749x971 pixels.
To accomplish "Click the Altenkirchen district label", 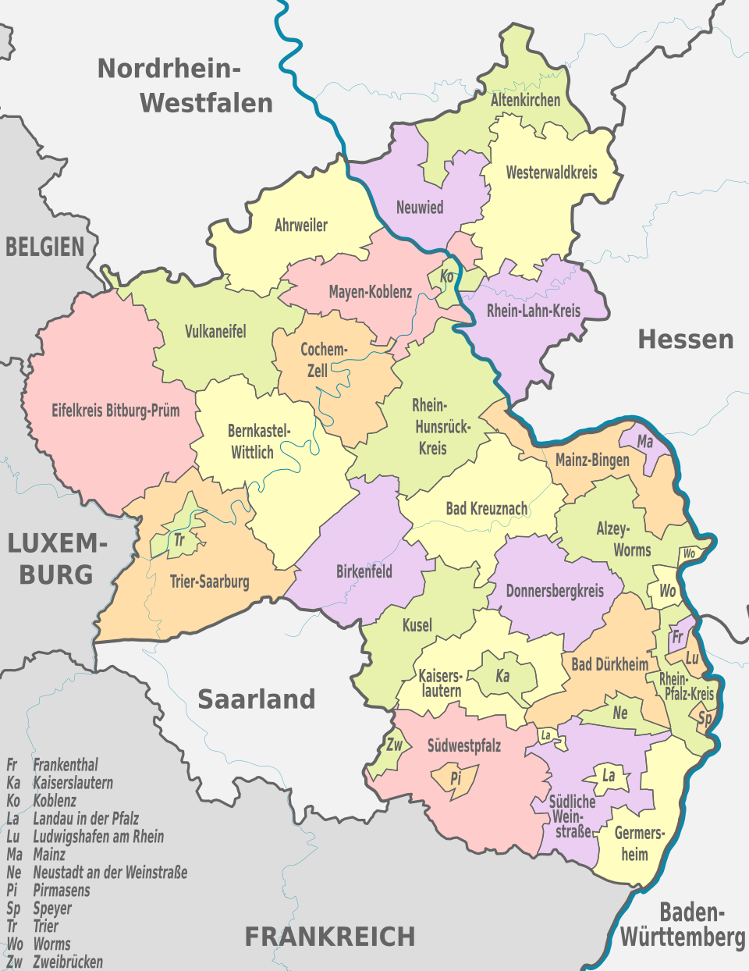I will pyautogui.click(x=525, y=100).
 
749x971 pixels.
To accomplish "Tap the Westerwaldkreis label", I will pyautogui.click(x=551, y=173).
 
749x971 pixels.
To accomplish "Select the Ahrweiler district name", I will pyautogui.click(x=300, y=226).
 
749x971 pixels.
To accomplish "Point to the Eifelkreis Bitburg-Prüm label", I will pyautogui.click(x=115, y=410).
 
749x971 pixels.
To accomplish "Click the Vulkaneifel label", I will pyautogui.click(x=215, y=332).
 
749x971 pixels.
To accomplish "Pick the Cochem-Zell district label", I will pyautogui.click(x=323, y=360).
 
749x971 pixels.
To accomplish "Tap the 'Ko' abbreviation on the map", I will pyautogui.click(x=447, y=276).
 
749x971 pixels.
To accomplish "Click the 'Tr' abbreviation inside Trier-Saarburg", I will pyautogui.click(x=179, y=539).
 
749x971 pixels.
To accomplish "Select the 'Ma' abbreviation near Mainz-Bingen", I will pyautogui.click(x=645, y=442).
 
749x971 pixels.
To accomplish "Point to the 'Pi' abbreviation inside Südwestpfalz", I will pyautogui.click(x=456, y=778).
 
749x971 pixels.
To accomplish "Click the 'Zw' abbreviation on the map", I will pyautogui.click(x=395, y=745).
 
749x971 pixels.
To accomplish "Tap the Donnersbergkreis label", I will pyautogui.click(x=555, y=591).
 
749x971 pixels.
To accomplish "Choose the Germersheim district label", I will pyautogui.click(x=638, y=843).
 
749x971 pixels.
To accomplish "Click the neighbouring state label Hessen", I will pyautogui.click(x=685, y=340).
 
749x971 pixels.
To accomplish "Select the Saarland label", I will pyautogui.click(x=256, y=699).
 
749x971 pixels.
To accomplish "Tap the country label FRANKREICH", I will pyautogui.click(x=329, y=936).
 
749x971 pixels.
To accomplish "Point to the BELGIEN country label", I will pyautogui.click(x=44, y=247).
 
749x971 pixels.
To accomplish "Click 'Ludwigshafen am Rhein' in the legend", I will pyautogui.click(x=98, y=837).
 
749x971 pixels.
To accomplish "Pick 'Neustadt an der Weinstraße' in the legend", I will pyautogui.click(x=110, y=873).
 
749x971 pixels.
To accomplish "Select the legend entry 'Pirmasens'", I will pyautogui.click(x=61, y=891).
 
